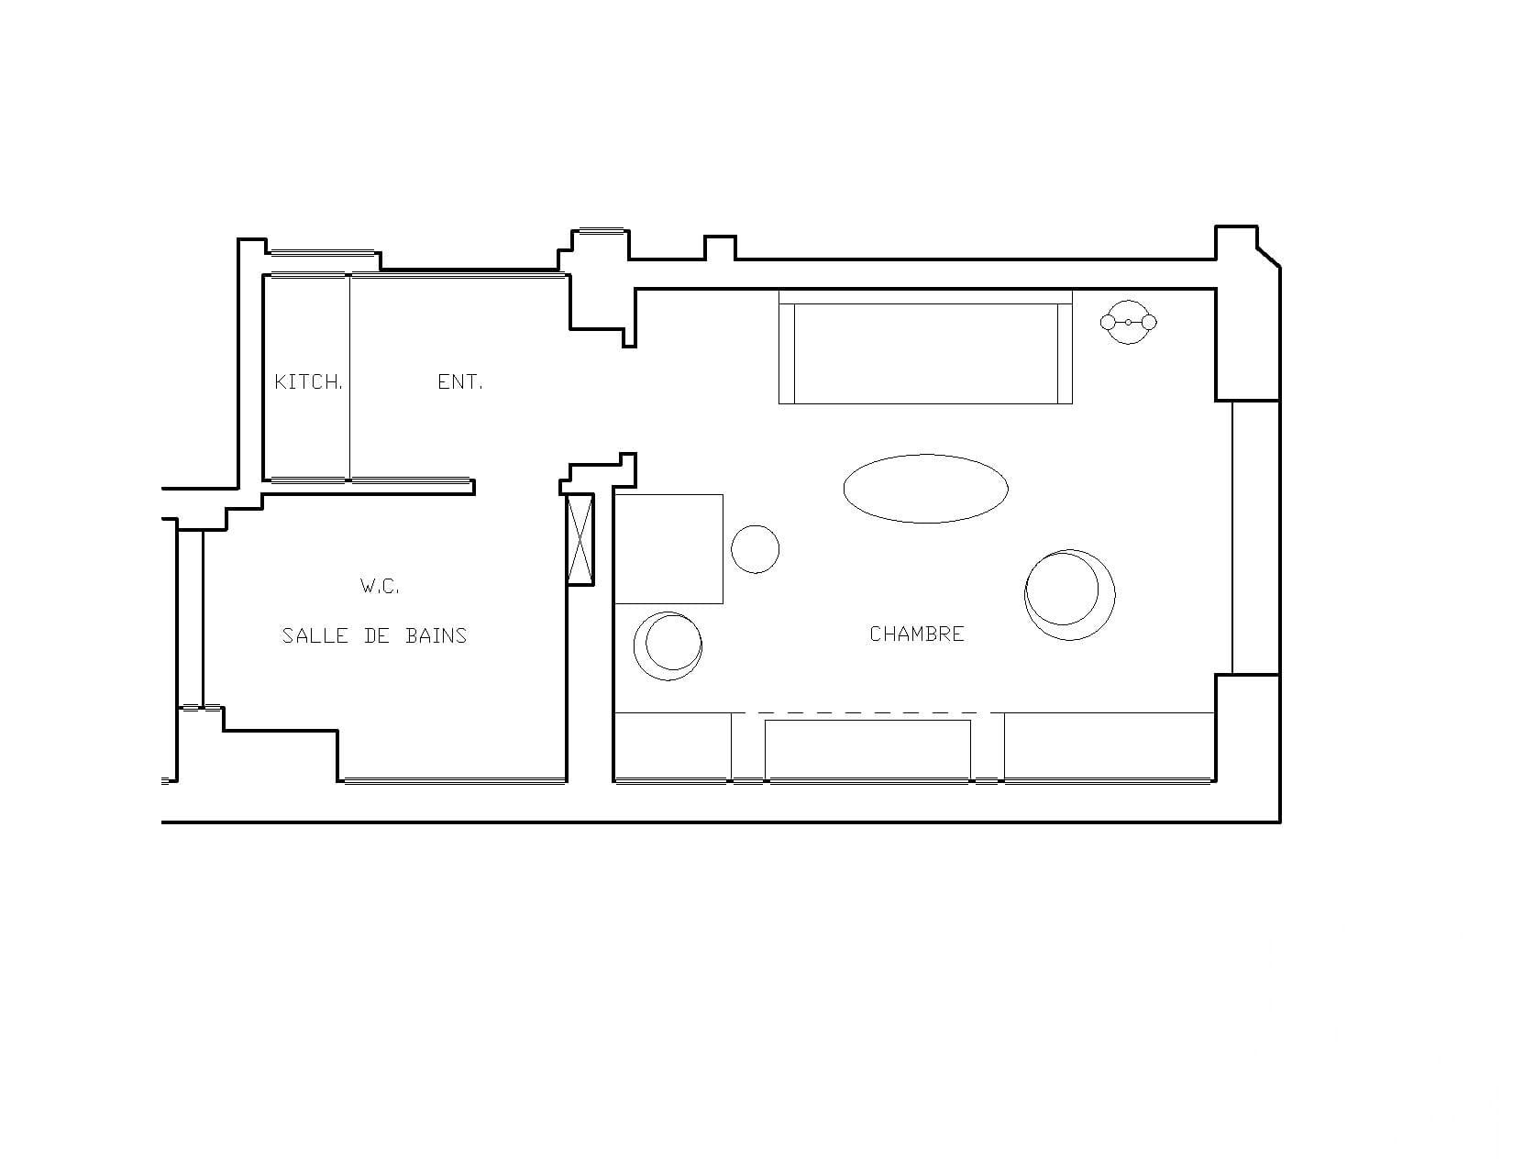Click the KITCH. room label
308,381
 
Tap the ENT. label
459,381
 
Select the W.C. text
380,586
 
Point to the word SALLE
315,635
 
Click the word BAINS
436,635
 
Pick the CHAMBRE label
917,634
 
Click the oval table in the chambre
925,488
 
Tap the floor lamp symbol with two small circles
1128,323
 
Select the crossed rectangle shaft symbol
580,540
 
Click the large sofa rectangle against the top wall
925,347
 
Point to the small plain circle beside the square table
755,549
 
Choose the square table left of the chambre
669,548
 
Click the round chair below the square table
668,646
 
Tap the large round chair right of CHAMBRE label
1069,595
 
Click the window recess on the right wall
1256,537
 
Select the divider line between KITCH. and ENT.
349,378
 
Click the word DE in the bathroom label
377,635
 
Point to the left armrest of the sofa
787,354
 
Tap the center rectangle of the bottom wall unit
867,750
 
